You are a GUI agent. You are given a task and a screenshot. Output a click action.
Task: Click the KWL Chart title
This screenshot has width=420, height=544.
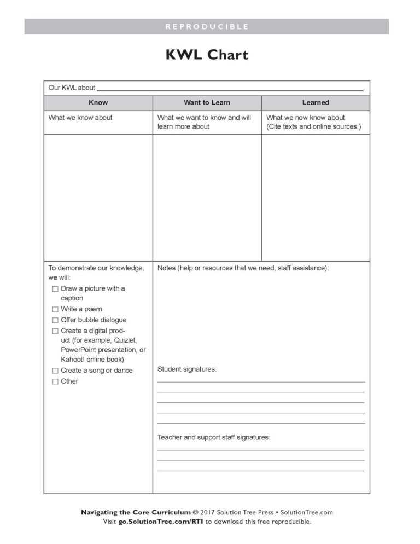(207, 55)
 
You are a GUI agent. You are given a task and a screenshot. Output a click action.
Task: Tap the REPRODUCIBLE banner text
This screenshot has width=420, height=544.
(207, 26)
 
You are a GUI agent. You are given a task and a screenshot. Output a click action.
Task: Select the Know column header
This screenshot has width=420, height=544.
(98, 102)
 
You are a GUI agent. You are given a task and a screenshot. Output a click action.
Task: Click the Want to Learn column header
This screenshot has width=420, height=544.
(207, 102)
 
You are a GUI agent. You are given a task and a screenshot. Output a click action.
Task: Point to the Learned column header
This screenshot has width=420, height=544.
(316, 102)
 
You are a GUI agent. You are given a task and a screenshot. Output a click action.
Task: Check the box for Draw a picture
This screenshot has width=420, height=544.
(55, 289)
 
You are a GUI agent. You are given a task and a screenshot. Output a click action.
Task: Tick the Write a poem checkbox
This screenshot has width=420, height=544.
(55, 310)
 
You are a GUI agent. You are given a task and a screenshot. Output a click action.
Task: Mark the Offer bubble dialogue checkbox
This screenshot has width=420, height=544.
(55, 321)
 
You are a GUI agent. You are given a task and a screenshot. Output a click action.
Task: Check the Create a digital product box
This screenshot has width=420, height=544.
(55, 332)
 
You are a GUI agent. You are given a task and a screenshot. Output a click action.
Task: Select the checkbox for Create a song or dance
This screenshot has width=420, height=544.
(55, 371)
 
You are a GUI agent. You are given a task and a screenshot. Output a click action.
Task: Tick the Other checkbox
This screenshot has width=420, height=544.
(55, 382)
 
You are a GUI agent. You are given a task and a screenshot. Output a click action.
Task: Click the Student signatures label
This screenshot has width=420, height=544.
(187, 369)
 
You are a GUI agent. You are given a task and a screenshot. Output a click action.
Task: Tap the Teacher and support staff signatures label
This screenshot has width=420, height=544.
(214, 437)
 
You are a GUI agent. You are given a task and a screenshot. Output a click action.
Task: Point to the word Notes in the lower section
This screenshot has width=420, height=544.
(167, 268)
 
